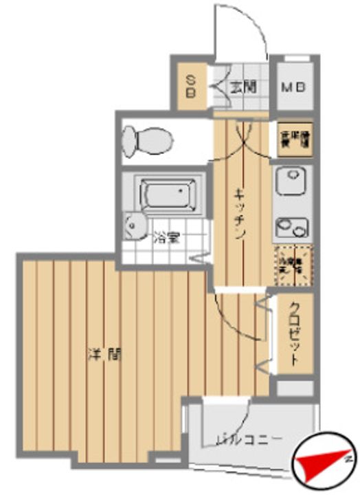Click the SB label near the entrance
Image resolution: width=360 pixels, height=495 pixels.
point(191,87)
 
